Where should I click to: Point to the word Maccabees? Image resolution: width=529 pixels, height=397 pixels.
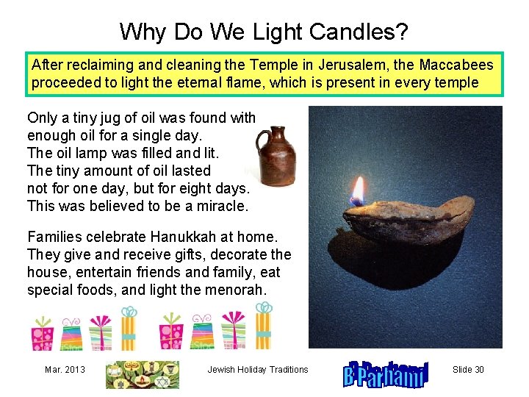[456, 65]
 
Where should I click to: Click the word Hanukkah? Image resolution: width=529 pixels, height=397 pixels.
[179, 237]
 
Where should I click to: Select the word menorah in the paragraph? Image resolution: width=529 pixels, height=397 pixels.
[240, 290]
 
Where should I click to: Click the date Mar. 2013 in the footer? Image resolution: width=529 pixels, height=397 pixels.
[65, 370]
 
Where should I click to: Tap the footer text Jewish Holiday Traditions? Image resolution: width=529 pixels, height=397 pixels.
[258, 370]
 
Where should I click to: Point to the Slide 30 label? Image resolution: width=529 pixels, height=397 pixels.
[468, 370]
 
